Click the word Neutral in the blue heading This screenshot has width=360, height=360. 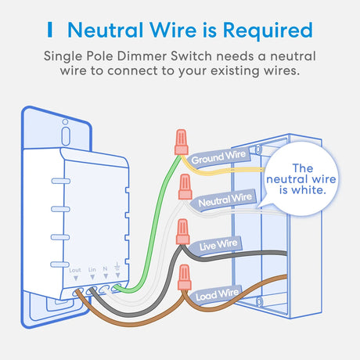(106, 30)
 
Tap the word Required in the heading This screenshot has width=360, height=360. (268, 31)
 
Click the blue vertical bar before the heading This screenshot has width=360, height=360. (50, 30)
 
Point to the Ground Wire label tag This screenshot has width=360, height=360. (218, 157)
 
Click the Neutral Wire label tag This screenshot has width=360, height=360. (225, 200)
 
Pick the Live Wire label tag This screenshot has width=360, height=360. (218, 245)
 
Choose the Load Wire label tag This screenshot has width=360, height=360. (217, 295)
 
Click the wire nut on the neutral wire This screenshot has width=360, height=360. (185, 187)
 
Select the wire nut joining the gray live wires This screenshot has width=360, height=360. (182, 232)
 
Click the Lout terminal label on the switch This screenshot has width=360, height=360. (75, 270)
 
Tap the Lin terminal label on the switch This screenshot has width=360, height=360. (92, 269)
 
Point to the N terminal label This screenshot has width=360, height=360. (105, 268)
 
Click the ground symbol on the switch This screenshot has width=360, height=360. (117, 266)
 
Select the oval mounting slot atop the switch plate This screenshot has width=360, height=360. (66, 136)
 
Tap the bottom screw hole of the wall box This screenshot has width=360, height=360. (259, 302)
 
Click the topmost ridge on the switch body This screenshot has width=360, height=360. (61, 181)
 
